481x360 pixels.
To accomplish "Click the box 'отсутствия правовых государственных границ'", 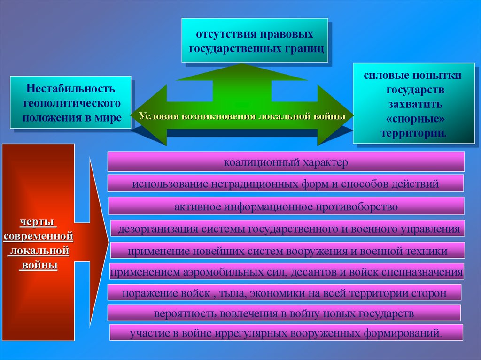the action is click(x=255, y=40).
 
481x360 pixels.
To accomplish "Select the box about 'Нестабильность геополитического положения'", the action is click(x=70, y=102).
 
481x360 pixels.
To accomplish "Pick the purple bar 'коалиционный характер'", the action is click(x=286, y=162).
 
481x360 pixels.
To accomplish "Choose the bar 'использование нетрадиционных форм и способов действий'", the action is click(x=286, y=184).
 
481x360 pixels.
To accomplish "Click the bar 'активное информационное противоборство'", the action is click(x=286, y=206).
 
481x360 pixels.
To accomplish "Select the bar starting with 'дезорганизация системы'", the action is click(x=288, y=229).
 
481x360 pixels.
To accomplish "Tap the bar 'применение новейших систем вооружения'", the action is click(x=287, y=251).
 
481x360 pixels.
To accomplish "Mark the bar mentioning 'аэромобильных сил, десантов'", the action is click(x=287, y=272).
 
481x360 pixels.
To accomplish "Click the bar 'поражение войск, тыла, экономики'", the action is click(x=284, y=293).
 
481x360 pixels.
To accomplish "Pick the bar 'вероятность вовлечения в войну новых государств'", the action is click(x=284, y=313).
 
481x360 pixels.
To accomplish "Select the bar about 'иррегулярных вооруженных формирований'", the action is click(x=286, y=333).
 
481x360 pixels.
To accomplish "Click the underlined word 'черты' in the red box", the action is click(x=39, y=221).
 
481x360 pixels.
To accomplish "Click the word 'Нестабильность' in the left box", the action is click(x=70, y=88).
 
